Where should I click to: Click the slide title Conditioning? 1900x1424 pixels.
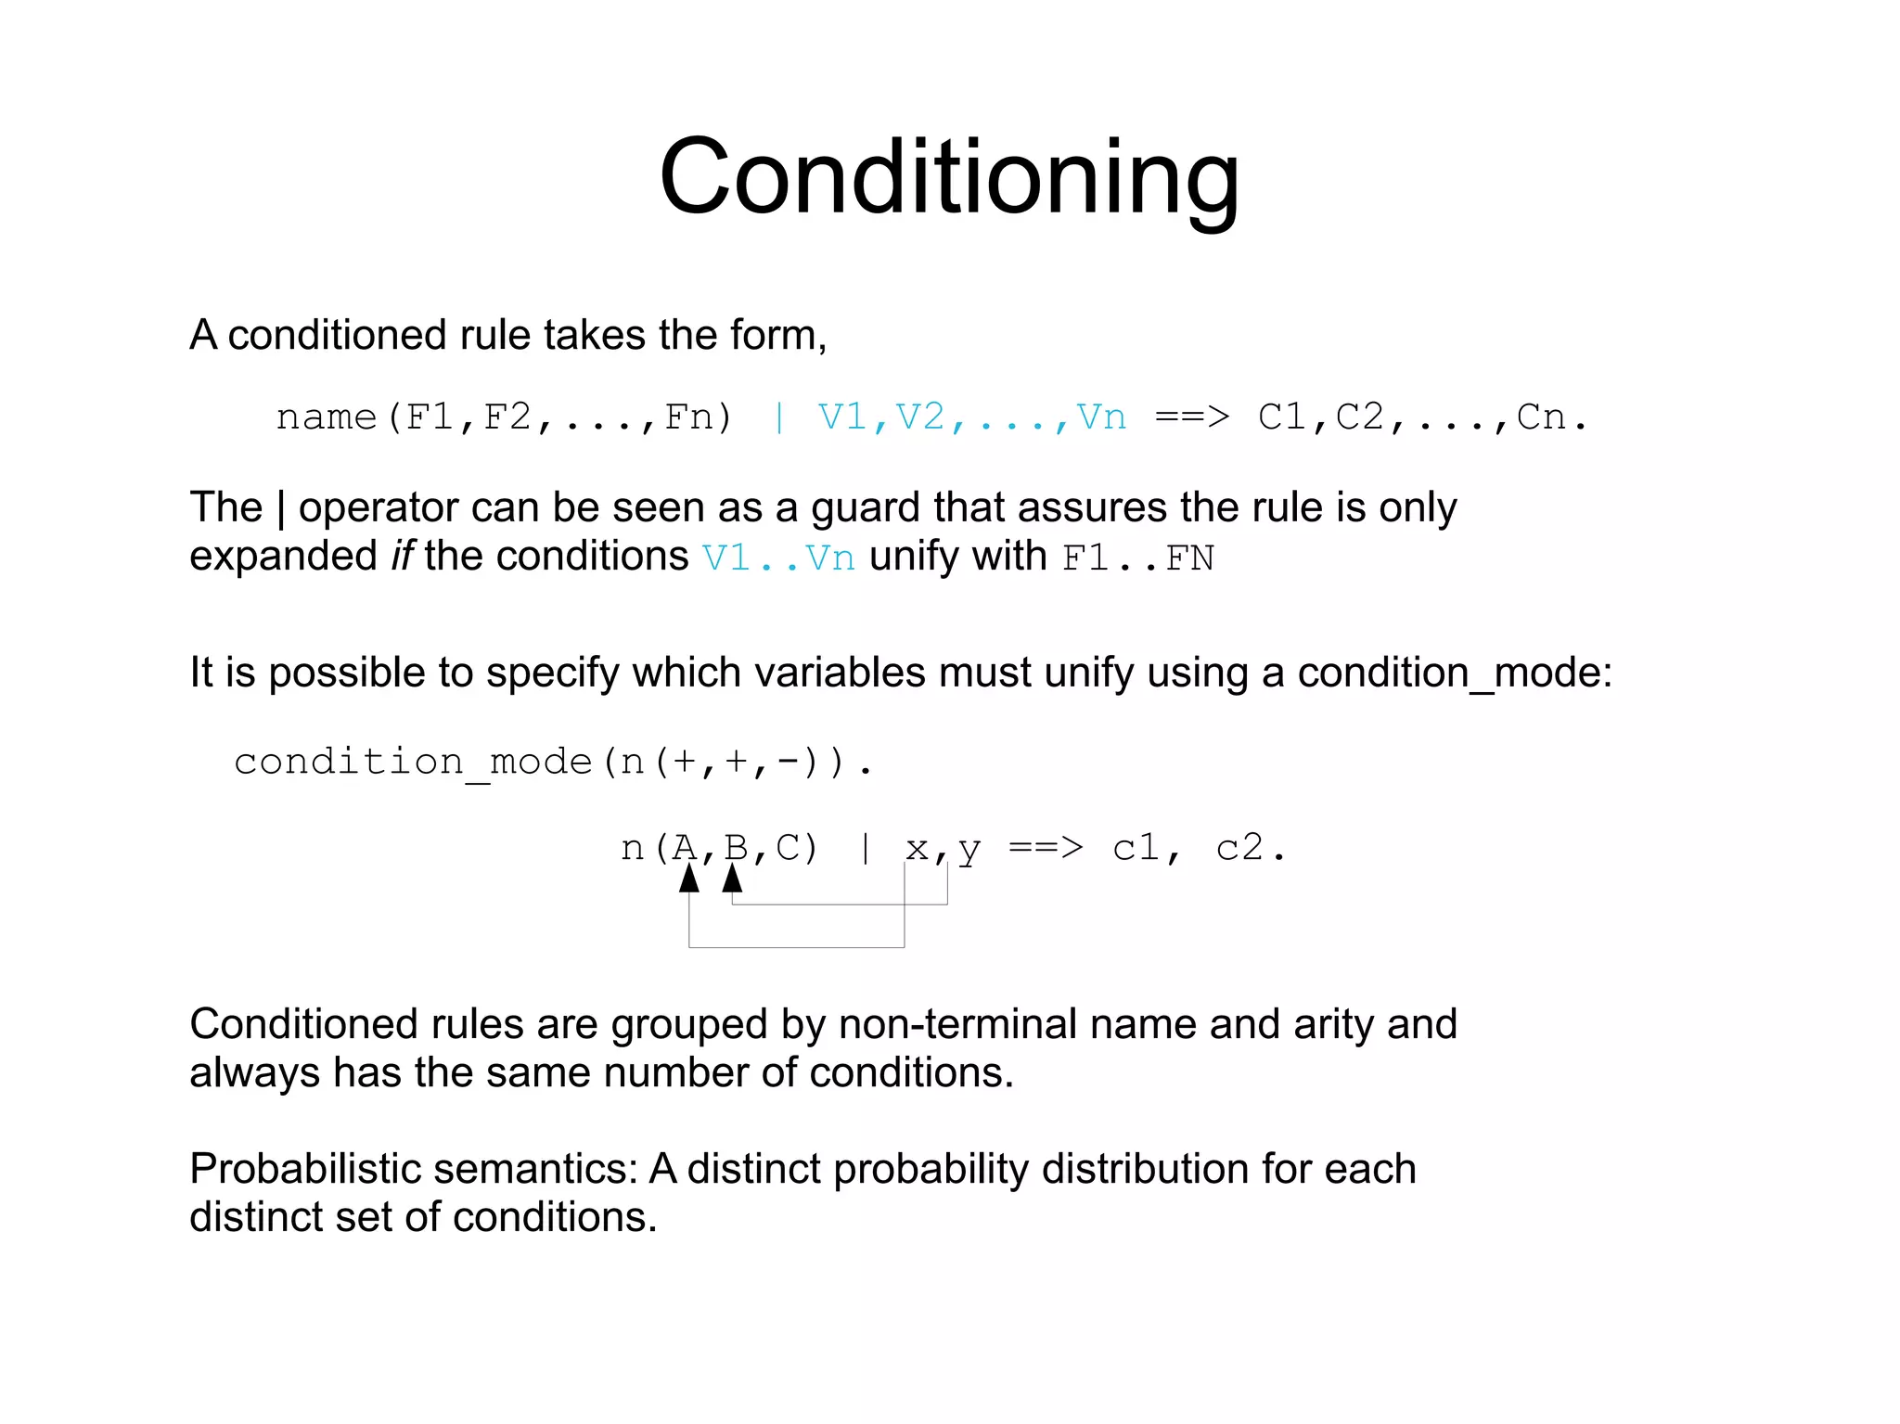(948, 176)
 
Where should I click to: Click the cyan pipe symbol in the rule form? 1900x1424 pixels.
(779, 417)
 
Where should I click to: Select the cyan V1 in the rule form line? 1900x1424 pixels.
(841, 417)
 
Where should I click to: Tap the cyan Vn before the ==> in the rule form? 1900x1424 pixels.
(1101, 417)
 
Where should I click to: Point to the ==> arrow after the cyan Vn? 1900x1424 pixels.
(1192, 417)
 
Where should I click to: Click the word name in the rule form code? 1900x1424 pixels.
(327, 417)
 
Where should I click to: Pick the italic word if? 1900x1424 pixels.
(402, 557)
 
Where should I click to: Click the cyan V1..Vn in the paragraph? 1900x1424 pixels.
(778, 558)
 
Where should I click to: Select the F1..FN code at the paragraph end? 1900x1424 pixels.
(1138, 558)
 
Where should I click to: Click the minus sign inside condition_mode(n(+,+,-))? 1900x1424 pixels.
(789, 762)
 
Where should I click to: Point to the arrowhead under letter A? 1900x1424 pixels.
(689, 879)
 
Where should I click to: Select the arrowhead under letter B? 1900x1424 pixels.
(733, 878)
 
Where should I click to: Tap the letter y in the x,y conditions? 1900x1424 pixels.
(969, 850)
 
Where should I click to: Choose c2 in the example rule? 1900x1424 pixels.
(1239, 848)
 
